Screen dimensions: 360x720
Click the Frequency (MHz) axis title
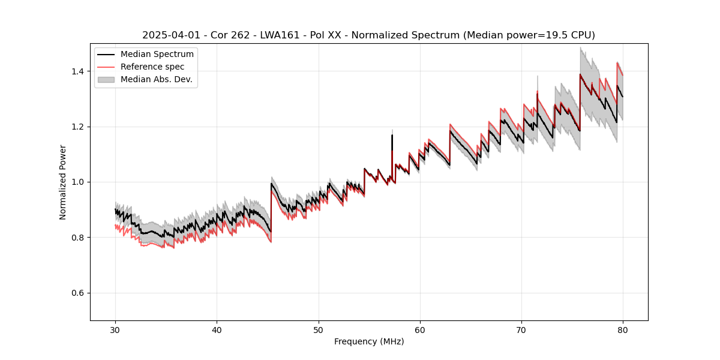click(x=369, y=341)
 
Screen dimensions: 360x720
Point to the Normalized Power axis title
click(x=63, y=182)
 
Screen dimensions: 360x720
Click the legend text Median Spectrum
click(x=157, y=55)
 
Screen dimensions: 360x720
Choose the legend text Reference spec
click(x=152, y=67)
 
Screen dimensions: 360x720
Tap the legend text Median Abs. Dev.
click(x=157, y=79)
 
